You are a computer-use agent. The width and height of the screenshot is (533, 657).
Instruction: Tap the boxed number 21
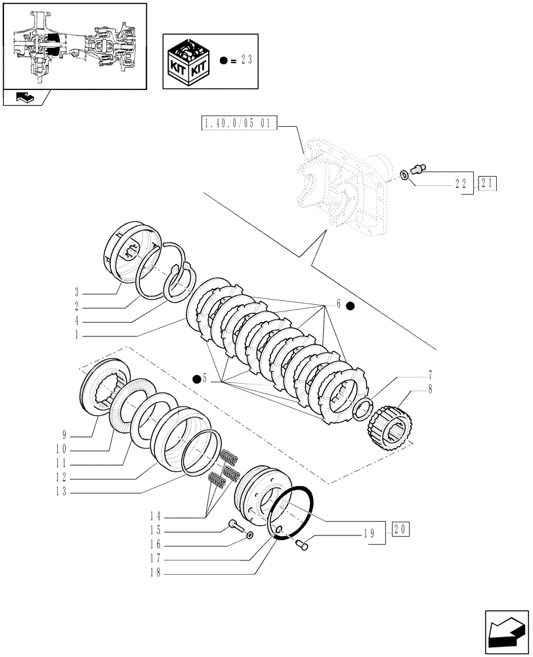(x=488, y=183)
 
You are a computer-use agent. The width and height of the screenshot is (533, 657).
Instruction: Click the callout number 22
(x=463, y=185)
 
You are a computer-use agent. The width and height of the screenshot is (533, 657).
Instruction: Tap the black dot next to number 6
(x=351, y=305)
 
